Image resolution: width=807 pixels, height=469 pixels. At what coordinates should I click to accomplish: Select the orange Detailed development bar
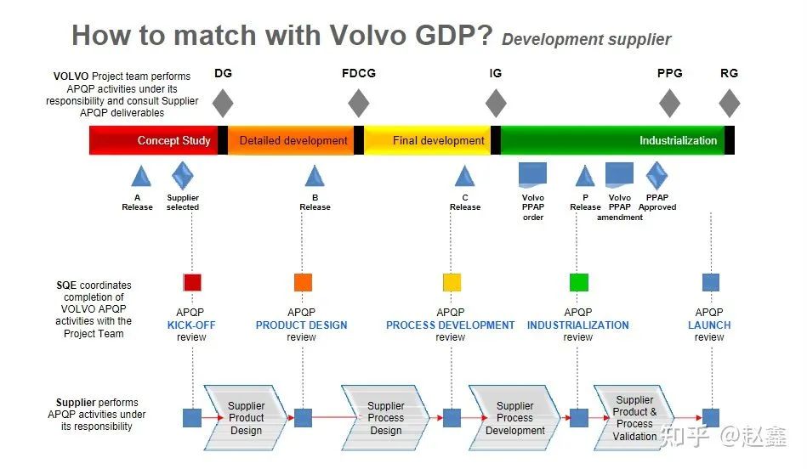click(x=293, y=140)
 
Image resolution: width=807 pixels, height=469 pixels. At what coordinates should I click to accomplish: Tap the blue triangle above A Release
click(x=141, y=176)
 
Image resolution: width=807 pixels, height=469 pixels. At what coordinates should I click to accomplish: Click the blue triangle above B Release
click(x=315, y=176)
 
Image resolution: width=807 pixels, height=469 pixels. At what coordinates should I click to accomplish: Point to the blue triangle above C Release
click(x=464, y=176)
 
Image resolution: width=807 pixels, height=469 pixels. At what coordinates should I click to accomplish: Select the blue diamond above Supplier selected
click(x=183, y=175)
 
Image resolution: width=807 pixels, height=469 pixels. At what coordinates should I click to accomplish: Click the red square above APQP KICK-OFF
click(x=192, y=282)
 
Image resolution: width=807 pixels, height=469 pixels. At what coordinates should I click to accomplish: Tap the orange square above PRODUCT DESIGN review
click(x=303, y=282)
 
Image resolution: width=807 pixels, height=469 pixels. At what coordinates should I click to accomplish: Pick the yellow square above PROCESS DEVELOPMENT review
click(x=452, y=282)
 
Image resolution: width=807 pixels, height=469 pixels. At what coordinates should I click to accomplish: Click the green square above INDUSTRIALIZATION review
click(x=579, y=282)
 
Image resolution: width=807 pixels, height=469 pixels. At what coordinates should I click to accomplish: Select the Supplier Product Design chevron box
click(x=246, y=418)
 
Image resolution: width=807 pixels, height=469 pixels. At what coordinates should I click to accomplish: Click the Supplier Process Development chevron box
click(x=514, y=418)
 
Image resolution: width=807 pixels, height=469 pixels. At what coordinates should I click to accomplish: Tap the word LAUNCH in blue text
click(x=709, y=325)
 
